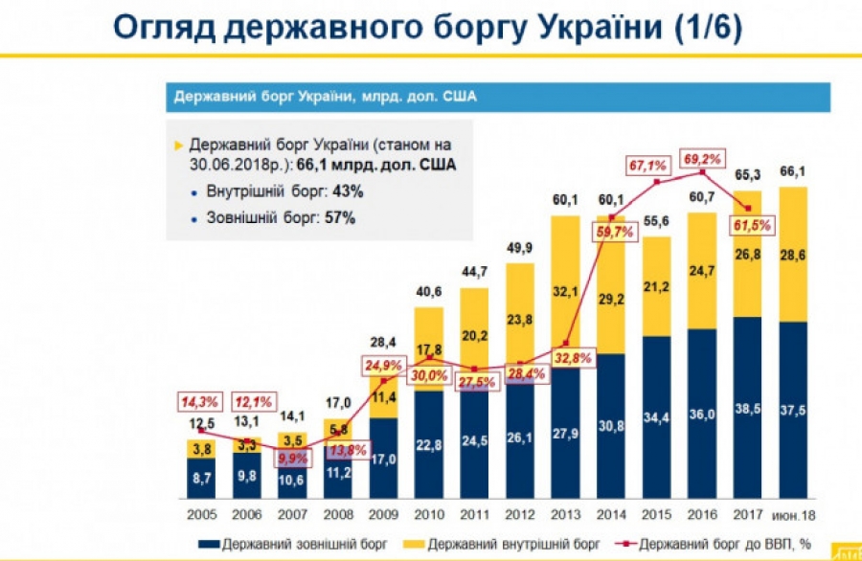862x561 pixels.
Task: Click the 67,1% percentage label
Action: (x=648, y=167)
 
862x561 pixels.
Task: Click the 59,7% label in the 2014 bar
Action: (x=617, y=231)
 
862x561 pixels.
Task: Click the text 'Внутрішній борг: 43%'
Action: (x=284, y=191)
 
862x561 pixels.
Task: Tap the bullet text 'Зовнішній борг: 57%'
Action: (x=281, y=217)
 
